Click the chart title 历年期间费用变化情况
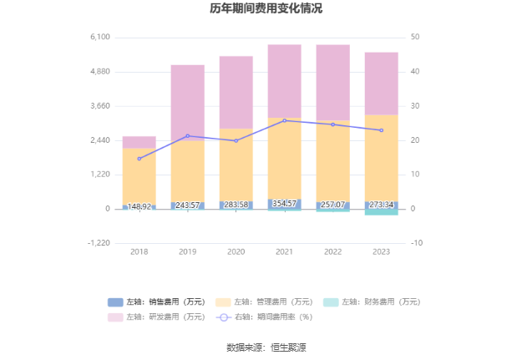266,9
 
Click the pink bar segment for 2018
139,142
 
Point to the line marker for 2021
284,120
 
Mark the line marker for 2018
139,159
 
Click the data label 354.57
284,204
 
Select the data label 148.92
139,206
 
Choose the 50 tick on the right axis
416,38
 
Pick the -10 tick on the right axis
417,243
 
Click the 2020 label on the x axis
236,251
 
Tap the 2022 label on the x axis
332,251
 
